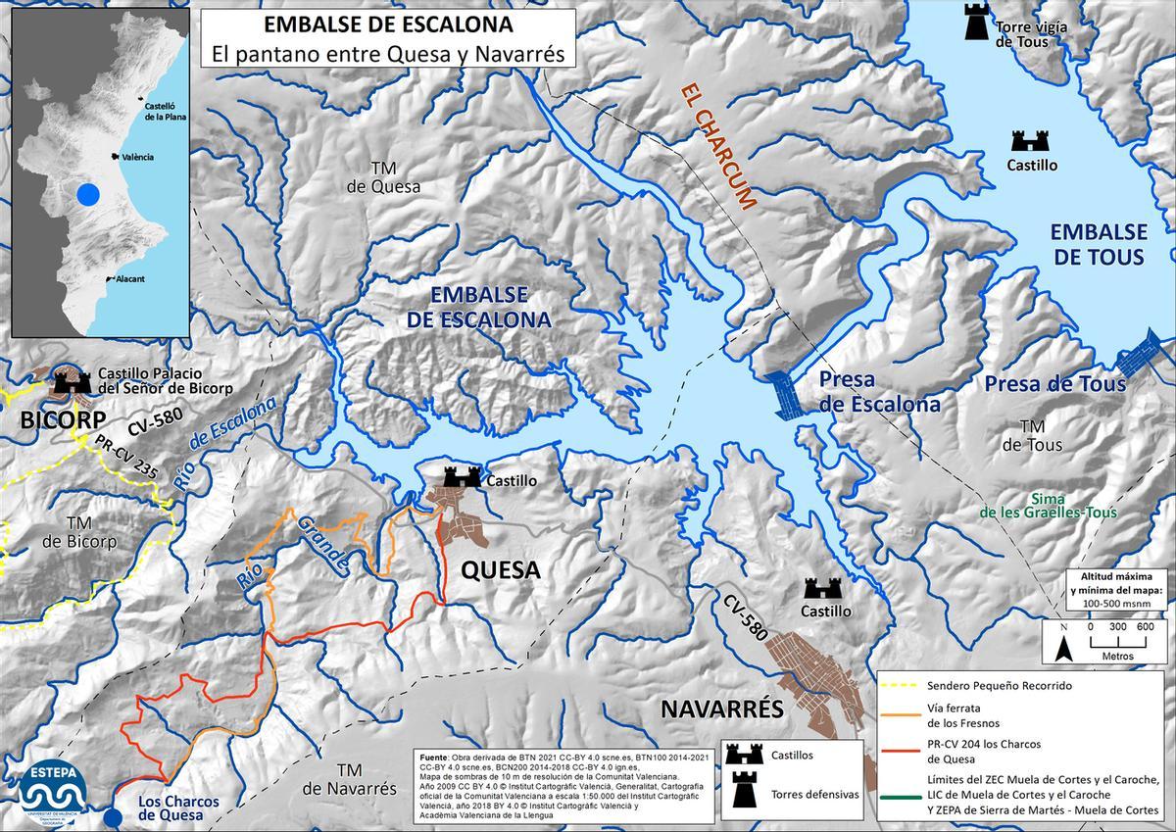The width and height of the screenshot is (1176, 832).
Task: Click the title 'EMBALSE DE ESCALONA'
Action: pyautogui.click(x=388, y=24)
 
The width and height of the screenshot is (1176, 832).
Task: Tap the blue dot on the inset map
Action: pyautogui.click(x=88, y=194)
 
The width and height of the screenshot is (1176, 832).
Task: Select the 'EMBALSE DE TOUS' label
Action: pyautogui.click(x=1098, y=244)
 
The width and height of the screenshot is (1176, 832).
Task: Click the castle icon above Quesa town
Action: pyautogui.click(x=462, y=477)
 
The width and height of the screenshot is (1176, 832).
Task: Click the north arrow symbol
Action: pyautogui.click(x=1064, y=646)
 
